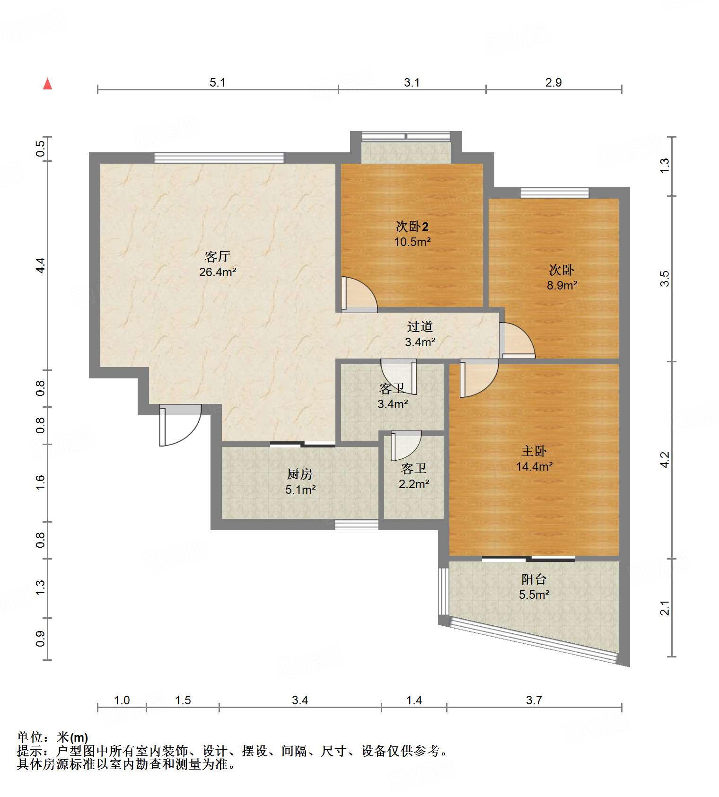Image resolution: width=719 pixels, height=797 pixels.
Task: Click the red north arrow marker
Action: tap(47, 84)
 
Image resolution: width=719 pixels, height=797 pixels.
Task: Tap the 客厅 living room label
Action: tap(217, 256)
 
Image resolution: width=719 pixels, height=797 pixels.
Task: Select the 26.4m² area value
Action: tap(218, 272)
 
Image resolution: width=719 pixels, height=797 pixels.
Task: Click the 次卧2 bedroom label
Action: tap(412, 226)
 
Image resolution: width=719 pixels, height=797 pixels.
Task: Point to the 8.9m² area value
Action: tap(562, 285)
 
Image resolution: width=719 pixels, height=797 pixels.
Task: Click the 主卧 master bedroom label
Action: tap(534, 451)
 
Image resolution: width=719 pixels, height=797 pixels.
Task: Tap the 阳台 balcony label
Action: tap(534, 579)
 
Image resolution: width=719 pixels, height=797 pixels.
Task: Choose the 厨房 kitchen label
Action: tap(300, 474)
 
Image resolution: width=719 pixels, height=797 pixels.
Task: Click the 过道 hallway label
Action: tap(420, 326)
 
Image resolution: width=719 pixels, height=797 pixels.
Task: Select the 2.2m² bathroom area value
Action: tap(414, 484)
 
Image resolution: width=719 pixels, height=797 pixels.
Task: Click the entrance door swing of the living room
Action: tap(181, 425)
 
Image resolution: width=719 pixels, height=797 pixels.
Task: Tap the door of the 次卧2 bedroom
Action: tap(359, 294)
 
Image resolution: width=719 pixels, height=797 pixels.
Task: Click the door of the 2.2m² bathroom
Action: tap(406, 446)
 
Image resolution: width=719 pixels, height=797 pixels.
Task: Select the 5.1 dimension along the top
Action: tap(218, 82)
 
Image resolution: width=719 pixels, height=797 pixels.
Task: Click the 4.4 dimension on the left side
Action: tap(41, 265)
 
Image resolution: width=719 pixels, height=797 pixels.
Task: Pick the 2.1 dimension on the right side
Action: tap(665, 608)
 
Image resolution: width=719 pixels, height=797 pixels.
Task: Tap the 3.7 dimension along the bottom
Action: tap(534, 700)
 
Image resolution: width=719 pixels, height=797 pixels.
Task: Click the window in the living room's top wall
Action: tap(219, 158)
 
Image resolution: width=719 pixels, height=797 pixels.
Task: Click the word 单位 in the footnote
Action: tap(30, 737)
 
